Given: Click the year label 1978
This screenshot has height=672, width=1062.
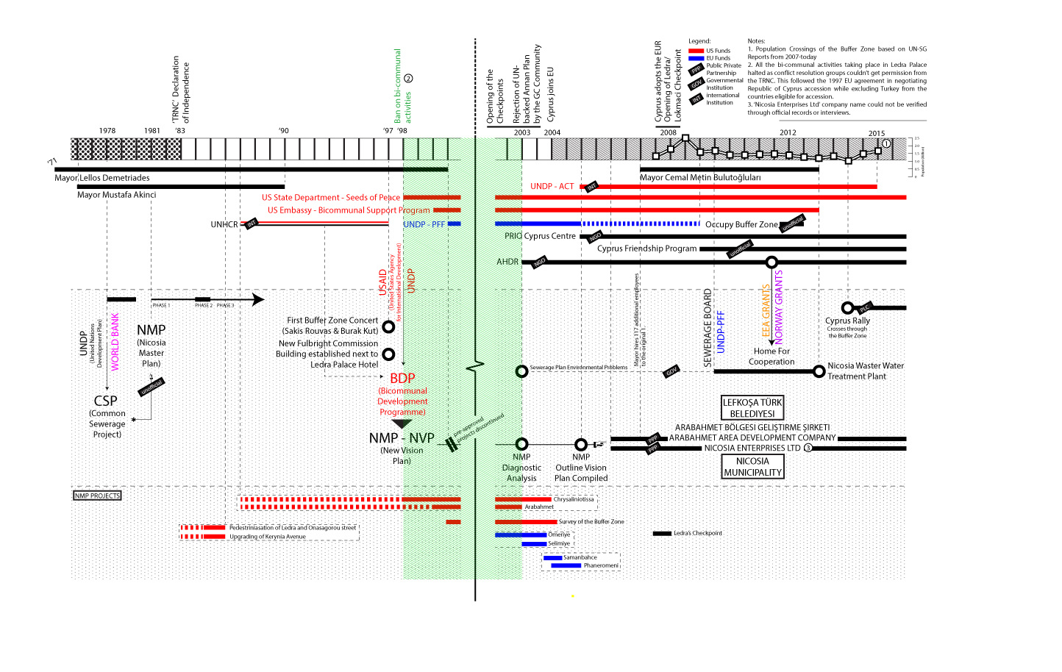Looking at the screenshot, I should [x=107, y=131].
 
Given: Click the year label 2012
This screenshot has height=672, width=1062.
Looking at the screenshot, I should [x=788, y=133].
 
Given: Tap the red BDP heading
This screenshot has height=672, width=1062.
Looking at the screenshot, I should [x=402, y=378].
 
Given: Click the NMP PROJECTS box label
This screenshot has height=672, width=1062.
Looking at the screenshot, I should [x=97, y=496].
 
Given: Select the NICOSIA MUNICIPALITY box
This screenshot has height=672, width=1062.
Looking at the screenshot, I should [x=752, y=467].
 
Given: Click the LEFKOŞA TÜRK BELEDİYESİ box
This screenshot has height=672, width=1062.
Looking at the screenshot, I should [x=752, y=408].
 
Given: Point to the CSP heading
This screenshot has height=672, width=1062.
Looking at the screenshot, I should [x=105, y=401].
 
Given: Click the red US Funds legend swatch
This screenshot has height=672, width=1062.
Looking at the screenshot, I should [x=696, y=51].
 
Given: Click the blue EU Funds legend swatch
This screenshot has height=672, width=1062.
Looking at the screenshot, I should [x=696, y=58].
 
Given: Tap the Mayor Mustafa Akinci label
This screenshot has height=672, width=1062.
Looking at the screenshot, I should [x=116, y=195].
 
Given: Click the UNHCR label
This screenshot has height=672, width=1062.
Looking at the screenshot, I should [x=224, y=224].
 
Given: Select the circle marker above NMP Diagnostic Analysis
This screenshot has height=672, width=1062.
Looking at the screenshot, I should [x=521, y=444].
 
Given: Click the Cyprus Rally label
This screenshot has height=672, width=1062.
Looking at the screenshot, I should [x=847, y=321].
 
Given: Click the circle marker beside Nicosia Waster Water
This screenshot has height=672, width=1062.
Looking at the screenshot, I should [x=819, y=371].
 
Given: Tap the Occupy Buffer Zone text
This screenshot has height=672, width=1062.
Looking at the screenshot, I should [x=741, y=224].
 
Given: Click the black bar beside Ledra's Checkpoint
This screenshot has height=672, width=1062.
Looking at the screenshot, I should [x=662, y=533].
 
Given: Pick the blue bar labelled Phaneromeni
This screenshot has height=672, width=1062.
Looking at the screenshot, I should [x=566, y=565].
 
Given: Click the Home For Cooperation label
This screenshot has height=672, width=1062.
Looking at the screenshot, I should [x=771, y=356].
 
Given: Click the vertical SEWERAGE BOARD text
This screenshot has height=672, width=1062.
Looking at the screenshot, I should [x=708, y=328].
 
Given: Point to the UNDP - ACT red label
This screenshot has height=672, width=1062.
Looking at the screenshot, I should [x=552, y=186].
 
